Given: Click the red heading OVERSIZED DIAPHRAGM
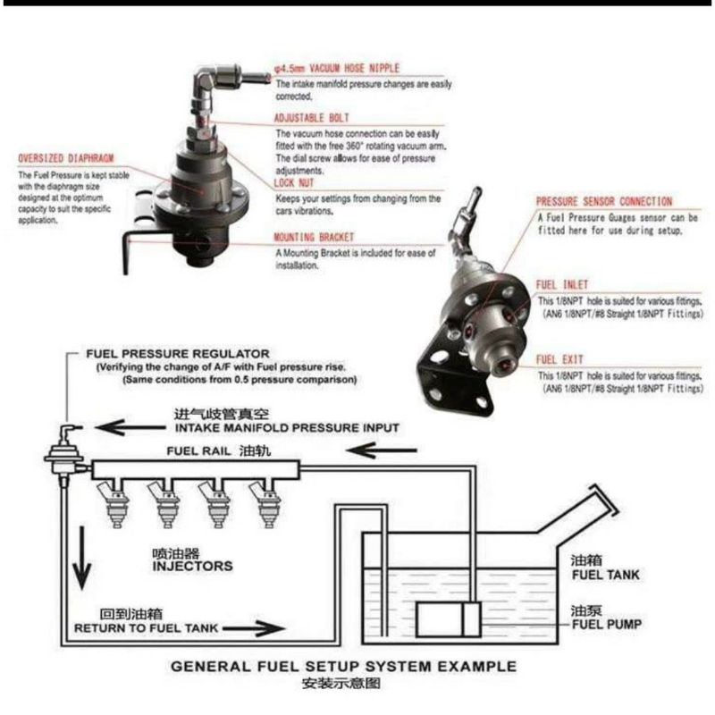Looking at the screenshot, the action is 66,159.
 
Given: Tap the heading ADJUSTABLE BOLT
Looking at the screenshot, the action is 312,118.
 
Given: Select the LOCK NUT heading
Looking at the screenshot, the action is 299,182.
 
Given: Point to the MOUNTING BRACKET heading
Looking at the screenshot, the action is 315,238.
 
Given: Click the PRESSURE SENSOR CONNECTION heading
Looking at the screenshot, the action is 603,202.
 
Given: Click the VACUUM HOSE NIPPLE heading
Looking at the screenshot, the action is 338,67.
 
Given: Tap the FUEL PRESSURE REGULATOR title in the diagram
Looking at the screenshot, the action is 176,354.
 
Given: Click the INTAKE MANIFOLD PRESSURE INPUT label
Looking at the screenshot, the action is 285,429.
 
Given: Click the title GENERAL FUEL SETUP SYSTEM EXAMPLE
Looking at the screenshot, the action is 343,666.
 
